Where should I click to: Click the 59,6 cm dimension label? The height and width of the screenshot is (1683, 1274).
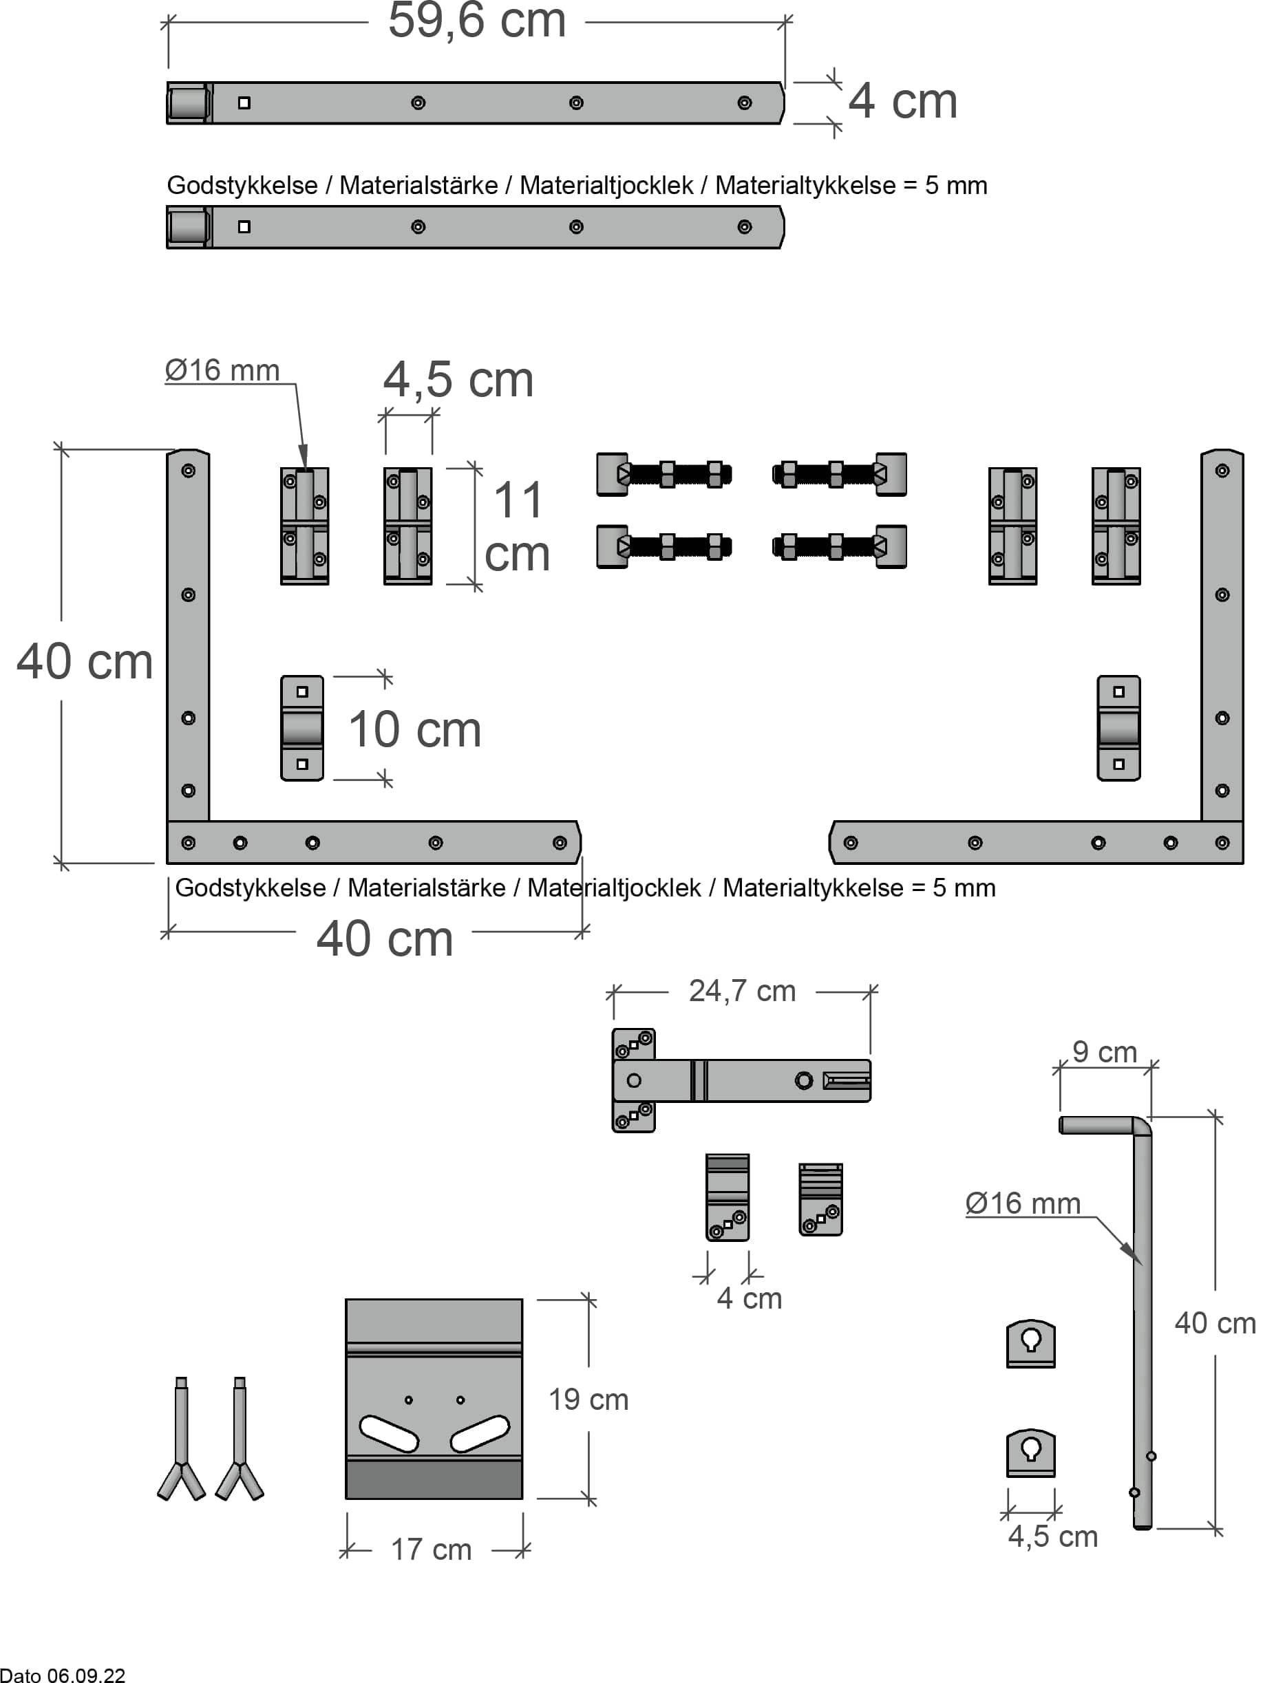coord(476,21)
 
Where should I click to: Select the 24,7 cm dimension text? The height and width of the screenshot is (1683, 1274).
coord(741,991)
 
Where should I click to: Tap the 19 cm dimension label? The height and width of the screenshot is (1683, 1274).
coord(588,1400)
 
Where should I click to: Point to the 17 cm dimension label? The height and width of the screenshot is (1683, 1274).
coord(431,1550)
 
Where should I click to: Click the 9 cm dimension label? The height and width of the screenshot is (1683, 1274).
coord(1103,1052)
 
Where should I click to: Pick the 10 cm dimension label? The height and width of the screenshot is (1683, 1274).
coord(415,729)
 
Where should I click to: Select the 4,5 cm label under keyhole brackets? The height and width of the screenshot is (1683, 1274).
coord(1052,1537)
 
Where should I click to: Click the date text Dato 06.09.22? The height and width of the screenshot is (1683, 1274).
coord(63,1675)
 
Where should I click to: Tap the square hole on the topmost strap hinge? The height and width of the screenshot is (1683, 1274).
coord(244,103)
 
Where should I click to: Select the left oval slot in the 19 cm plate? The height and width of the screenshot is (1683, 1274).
coord(389,1433)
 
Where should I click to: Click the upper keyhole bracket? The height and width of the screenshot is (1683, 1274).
coord(1030,1343)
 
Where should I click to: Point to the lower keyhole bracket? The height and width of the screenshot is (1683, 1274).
coord(1030,1452)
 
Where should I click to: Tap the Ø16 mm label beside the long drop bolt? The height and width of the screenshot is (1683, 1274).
coord(1022,1203)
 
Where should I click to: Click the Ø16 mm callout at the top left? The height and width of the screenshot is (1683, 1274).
coord(222,371)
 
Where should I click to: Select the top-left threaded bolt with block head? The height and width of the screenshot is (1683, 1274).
coord(663,475)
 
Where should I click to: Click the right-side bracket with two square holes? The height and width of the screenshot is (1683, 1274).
coord(1118,728)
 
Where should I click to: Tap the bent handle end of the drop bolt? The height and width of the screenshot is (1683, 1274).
coord(1096,1125)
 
